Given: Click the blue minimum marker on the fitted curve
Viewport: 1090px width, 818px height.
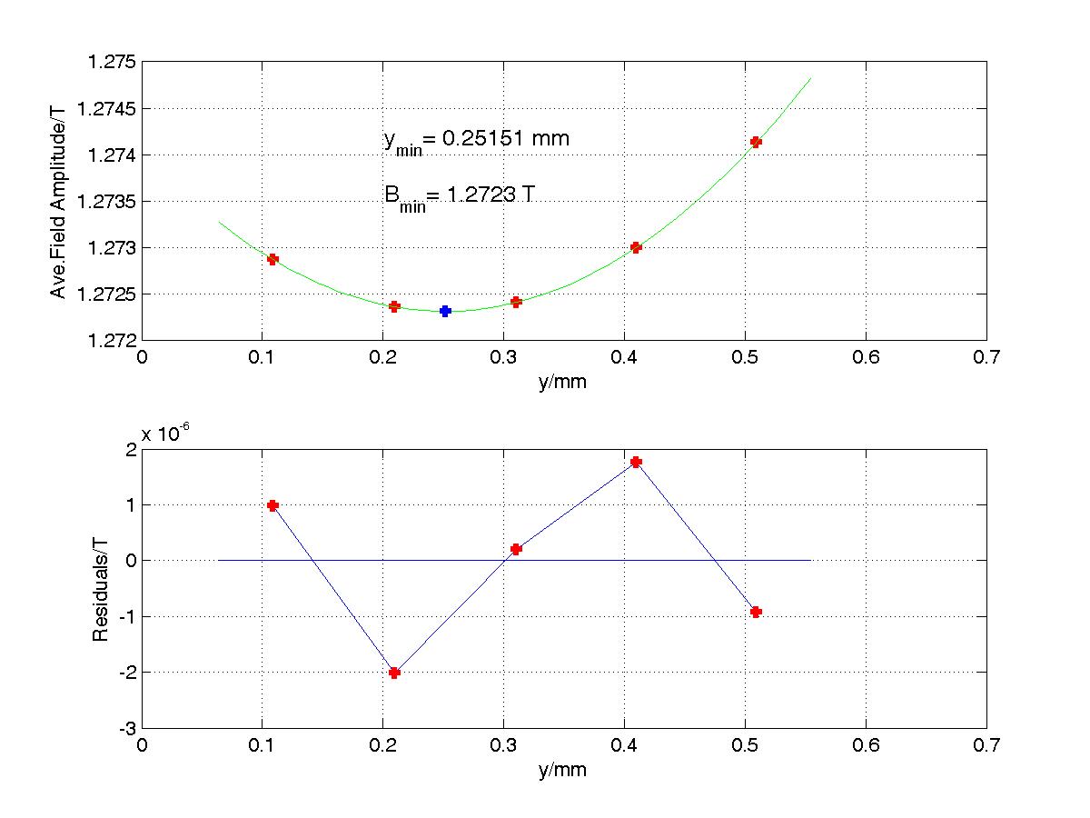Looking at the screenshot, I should point(445,311).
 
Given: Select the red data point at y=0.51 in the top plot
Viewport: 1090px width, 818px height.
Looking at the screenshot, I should point(756,142).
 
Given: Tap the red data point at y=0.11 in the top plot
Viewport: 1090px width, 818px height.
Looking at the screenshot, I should point(272,259).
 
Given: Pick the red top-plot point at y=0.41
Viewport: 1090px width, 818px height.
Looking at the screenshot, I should point(636,247).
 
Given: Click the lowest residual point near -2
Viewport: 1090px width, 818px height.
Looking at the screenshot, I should point(394,673).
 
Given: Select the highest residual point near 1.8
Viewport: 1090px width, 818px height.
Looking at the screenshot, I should point(636,462).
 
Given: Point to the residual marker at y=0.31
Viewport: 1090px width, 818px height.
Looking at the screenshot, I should point(516,549).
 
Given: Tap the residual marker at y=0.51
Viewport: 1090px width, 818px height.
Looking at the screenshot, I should point(756,612).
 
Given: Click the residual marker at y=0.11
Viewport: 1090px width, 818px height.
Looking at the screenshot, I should point(272,505).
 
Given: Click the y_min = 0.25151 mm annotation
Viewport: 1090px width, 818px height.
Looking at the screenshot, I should point(477,141).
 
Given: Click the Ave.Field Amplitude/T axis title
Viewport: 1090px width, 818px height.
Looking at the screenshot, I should point(59,201).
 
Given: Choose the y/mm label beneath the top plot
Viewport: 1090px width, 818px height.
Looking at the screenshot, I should point(563,382).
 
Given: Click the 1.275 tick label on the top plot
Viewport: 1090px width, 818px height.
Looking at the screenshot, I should point(112,63).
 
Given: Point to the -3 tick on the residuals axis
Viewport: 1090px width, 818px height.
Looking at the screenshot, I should point(125,728).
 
